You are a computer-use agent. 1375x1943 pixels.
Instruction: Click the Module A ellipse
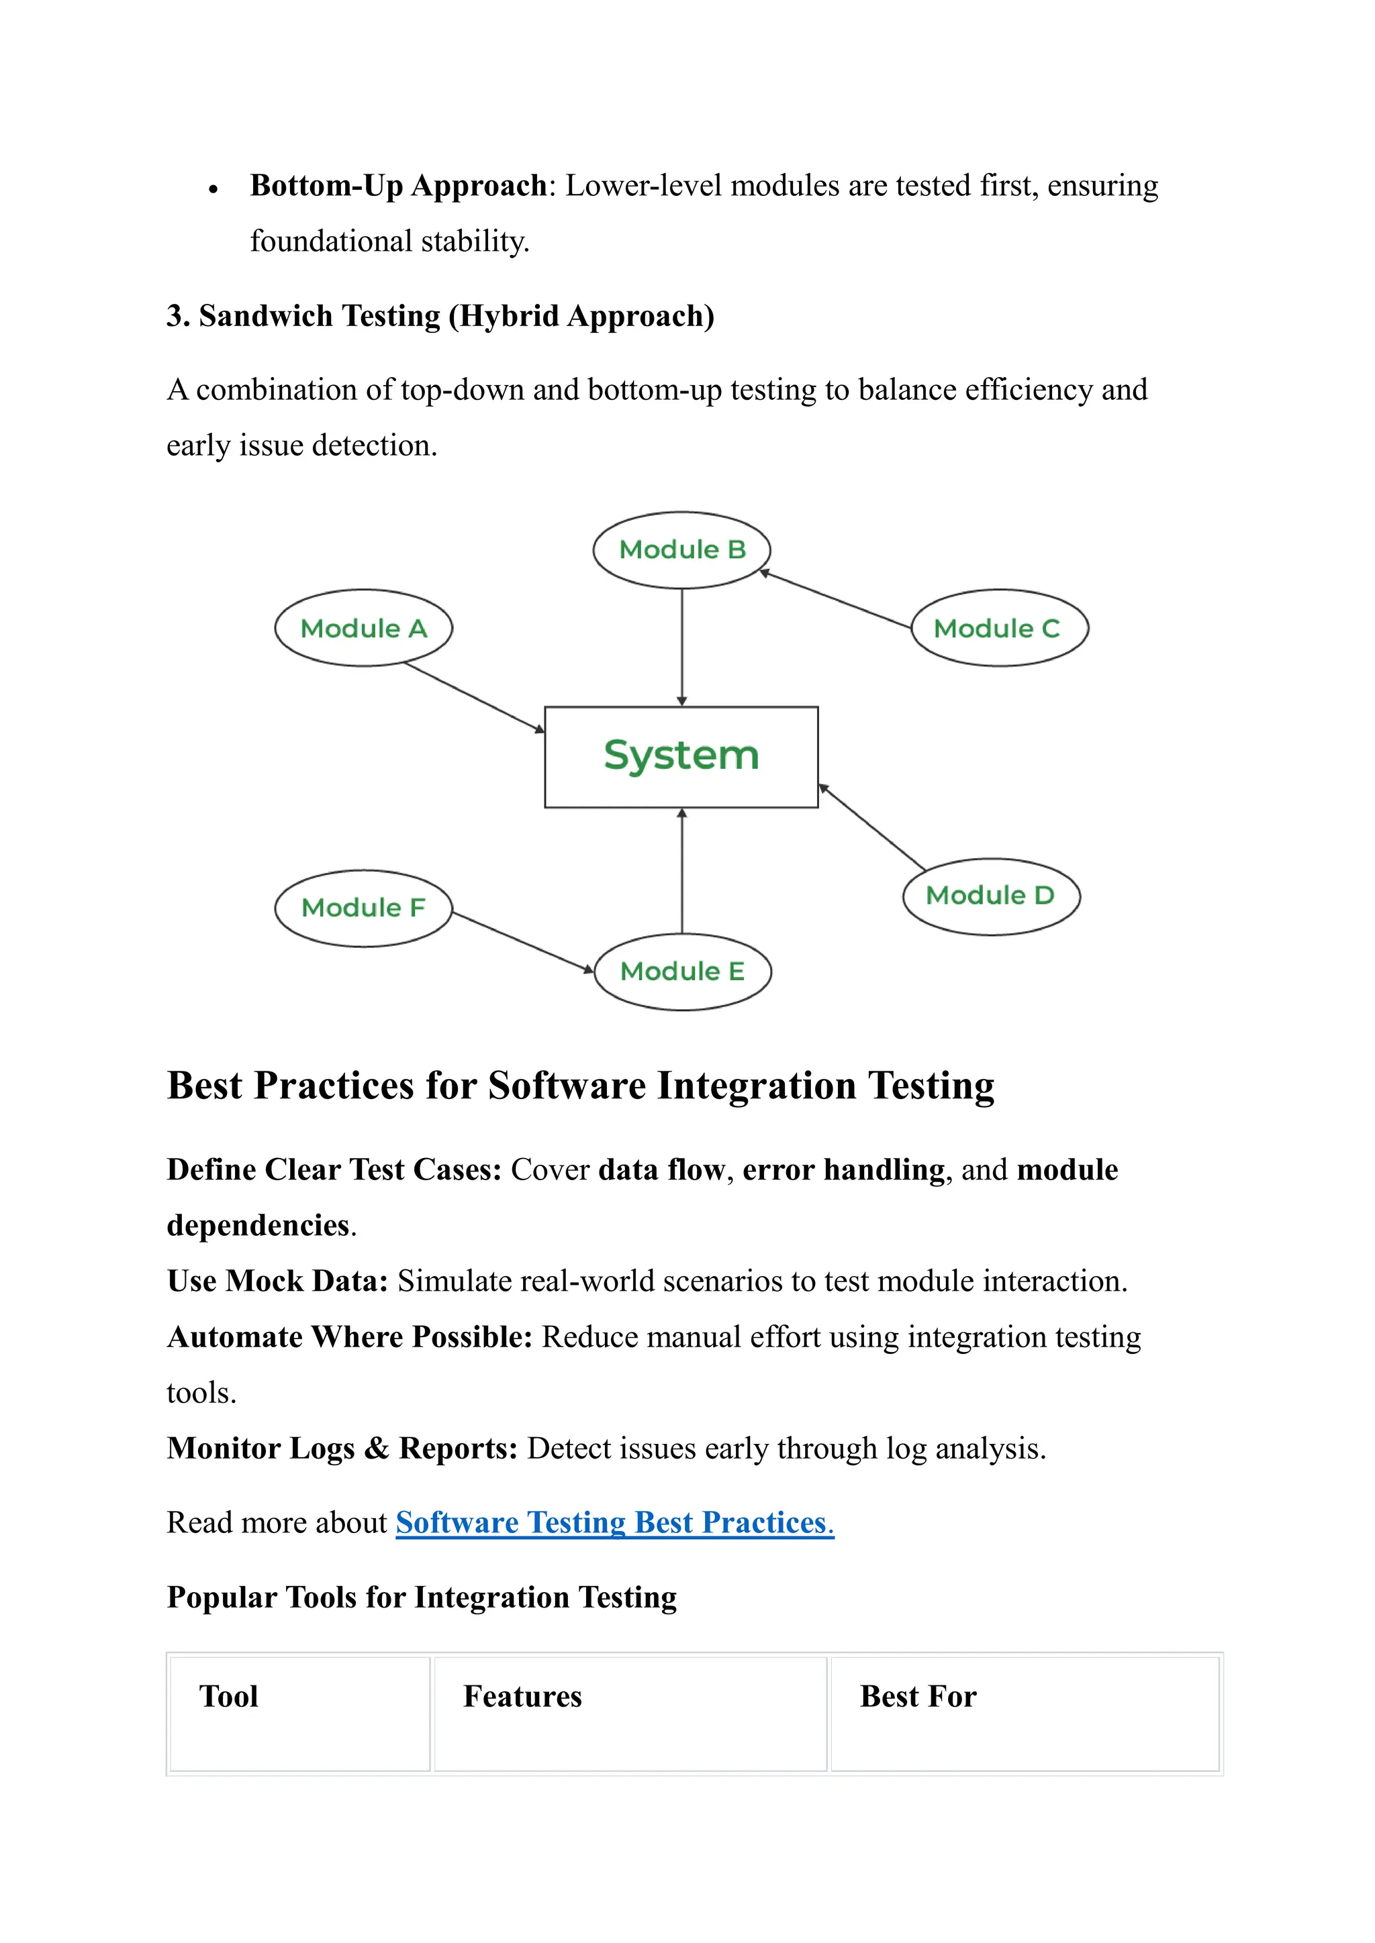pyautogui.click(x=363, y=628)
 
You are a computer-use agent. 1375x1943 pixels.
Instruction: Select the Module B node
pyautogui.click(x=681, y=550)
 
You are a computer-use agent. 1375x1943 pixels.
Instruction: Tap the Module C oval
pyautogui.click(x=999, y=628)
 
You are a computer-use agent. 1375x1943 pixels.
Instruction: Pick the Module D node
pyautogui.click(x=990, y=896)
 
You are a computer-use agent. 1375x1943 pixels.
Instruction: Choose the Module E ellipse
pyautogui.click(x=682, y=972)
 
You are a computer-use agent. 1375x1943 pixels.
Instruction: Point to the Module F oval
pyautogui.click(x=363, y=908)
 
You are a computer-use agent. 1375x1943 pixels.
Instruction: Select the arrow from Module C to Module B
pyautogui.click(x=837, y=600)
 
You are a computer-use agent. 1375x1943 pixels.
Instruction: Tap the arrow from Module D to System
pyautogui.click(x=872, y=828)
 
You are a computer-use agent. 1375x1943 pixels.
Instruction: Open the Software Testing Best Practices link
pyautogui.click(x=615, y=1522)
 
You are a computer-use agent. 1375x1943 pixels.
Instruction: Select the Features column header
pyautogui.click(x=522, y=1697)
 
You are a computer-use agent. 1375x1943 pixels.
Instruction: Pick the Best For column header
pyautogui.click(x=918, y=1697)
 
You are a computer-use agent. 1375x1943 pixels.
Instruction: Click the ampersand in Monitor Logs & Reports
pyautogui.click(x=376, y=1449)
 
